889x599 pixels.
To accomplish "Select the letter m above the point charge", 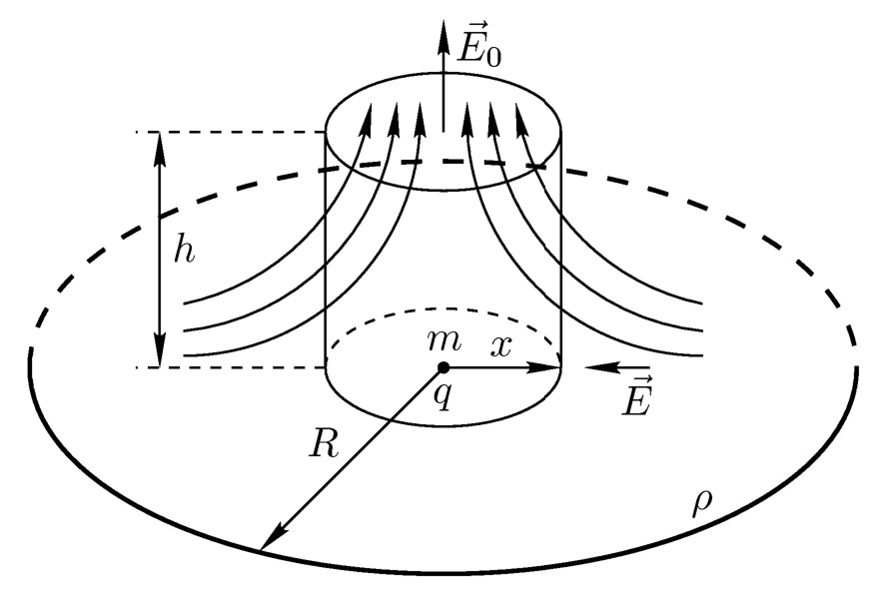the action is [444, 340].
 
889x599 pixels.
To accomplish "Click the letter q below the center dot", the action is [443, 396].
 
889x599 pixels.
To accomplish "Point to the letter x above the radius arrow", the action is [500, 345].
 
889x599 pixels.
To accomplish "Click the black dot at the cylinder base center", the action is [444, 367].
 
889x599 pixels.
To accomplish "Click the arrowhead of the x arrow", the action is [543, 367].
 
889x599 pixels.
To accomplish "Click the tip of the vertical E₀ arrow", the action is [444, 20].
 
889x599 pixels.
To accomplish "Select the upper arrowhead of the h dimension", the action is [160, 149].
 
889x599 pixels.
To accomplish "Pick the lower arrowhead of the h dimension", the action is [160, 350].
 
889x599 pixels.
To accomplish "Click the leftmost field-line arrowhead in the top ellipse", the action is [367, 119].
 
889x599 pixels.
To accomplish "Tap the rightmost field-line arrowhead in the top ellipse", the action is [522, 119].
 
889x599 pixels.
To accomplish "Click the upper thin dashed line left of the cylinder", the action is [230, 132].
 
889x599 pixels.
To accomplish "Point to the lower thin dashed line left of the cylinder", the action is [230, 367].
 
